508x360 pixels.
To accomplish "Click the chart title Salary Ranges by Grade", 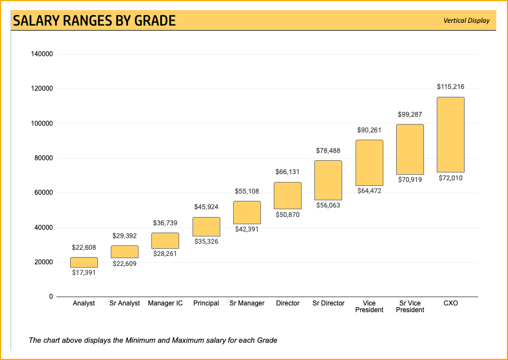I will (x=94, y=21).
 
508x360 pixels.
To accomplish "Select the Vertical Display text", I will (x=466, y=21).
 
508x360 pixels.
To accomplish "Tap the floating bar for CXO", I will (x=450, y=135).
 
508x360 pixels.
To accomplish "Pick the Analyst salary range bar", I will (x=84, y=262).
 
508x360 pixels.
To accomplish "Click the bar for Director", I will (x=288, y=195).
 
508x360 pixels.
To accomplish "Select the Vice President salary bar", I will (x=369, y=162).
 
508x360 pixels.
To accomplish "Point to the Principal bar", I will (x=206, y=226).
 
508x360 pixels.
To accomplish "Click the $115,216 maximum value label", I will (x=450, y=87).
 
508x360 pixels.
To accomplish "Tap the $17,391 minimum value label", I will (x=84, y=273).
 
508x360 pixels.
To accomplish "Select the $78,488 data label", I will (x=328, y=151).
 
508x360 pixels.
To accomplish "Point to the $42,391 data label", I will (x=247, y=229).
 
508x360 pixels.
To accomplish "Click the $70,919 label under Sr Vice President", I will (x=410, y=180).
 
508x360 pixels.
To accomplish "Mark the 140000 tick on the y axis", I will (x=42, y=54).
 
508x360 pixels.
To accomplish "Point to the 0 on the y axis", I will (x=51, y=297).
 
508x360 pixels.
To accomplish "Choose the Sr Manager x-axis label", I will (x=247, y=303).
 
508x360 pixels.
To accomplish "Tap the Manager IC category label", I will (x=165, y=303).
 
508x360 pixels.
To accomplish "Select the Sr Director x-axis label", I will (x=328, y=303).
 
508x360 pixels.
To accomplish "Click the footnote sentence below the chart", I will (x=153, y=340).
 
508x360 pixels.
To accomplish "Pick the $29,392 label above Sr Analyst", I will (x=125, y=236).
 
